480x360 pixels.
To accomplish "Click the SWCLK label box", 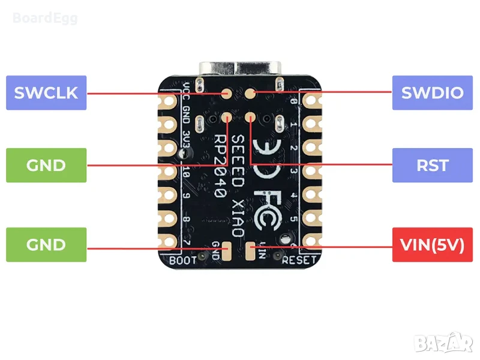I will tap(46, 93).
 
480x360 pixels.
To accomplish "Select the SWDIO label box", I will tap(432, 93).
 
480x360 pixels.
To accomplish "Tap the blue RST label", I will tap(432, 165).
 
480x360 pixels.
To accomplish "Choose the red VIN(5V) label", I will tap(432, 245).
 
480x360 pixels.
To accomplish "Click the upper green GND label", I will tap(46, 165).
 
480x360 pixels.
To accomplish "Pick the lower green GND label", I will tap(46, 245).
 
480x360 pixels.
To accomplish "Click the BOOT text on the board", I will tap(183, 260).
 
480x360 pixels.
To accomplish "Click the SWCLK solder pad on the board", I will tap(227, 94).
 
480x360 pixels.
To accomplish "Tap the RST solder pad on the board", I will tap(250, 118).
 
